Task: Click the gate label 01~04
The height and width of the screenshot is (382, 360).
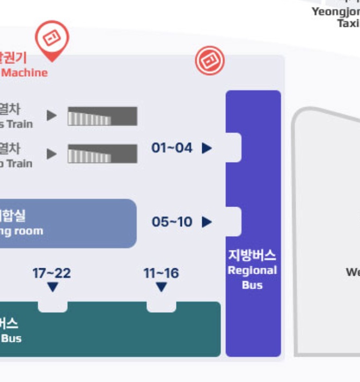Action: click(x=172, y=148)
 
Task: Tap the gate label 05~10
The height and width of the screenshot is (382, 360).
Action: click(x=172, y=222)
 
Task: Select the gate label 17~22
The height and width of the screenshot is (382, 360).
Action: click(x=52, y=273)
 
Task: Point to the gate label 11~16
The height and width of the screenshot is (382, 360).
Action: click(x=161, y=273)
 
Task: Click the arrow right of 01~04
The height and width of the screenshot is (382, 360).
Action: click(x=207, y=148)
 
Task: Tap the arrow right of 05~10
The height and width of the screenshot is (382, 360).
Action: click(x=207, y=222)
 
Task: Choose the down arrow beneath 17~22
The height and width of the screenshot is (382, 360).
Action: click(x=53, y=288)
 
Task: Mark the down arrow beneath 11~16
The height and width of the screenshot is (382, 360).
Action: click(x=161, y=288)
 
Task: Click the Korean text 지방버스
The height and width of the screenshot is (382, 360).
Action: click(x=252, y=255)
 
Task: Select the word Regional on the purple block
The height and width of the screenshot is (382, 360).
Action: click(x=252, y=270)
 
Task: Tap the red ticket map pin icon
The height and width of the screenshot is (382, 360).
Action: click(x=52, y=39)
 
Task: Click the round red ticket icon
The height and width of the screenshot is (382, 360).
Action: click(x=210, y=60)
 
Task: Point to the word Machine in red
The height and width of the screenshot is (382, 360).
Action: click(x=25, y=72)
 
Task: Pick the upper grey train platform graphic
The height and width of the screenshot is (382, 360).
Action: click(x=102, y=116)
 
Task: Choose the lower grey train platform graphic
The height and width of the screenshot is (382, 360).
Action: click(x=102, y=154)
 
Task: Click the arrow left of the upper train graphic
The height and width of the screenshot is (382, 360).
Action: click(x=52, y=115)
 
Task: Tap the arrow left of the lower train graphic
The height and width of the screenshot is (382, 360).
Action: click(x=52, y=154)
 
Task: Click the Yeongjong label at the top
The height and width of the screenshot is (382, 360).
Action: click(x=336, y=12)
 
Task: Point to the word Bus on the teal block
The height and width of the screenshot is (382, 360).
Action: click(x=11, y=339)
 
